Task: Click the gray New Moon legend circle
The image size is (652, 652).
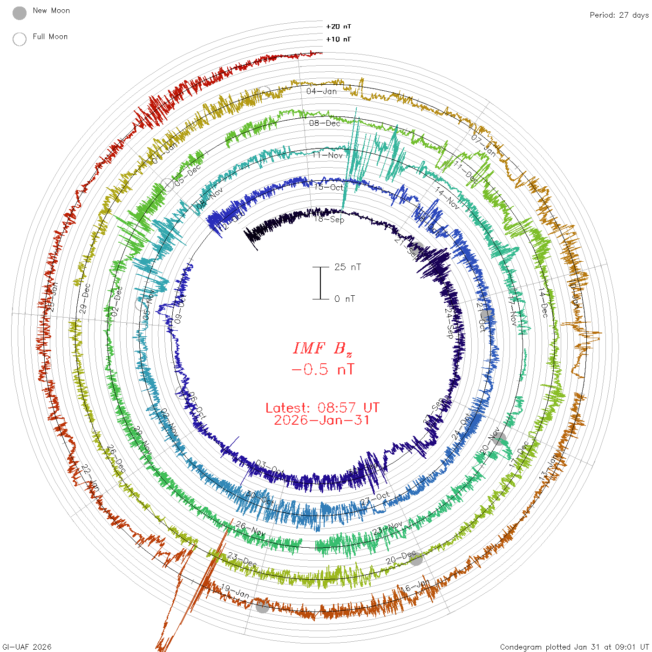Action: coord(20,14)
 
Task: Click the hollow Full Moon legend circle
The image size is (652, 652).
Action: coord(20,40)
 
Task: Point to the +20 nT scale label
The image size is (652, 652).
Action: coord(339,27)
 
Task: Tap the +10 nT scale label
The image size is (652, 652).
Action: coord(339,40)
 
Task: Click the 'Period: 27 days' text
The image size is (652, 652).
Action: coord(619,15)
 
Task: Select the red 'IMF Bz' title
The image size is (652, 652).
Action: coord(322,348)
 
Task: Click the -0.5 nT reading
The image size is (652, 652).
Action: coord(322,370)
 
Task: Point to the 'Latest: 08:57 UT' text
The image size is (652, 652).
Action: coord(322,408)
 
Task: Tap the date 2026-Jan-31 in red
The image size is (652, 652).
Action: coord(322,421)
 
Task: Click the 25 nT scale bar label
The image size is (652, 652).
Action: coord(347,267)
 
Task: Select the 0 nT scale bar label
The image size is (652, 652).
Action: coord(345,299)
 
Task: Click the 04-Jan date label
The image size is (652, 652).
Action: coord(321,91)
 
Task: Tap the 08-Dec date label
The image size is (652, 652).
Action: coord(325,123)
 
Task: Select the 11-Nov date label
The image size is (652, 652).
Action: coord(327,155)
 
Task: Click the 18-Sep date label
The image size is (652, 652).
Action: coord(329,219)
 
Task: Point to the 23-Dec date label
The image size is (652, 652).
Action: coord(242,560)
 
